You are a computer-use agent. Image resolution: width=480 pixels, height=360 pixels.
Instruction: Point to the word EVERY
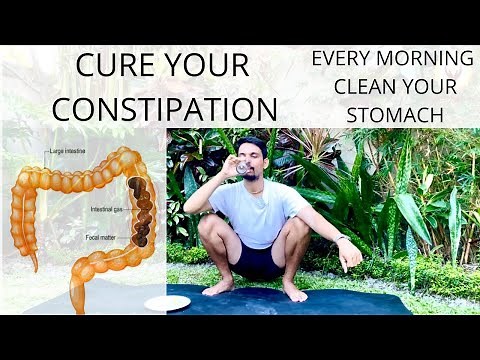(x=341, y=58)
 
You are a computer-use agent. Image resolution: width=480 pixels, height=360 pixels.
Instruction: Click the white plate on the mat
(x=167, y=303)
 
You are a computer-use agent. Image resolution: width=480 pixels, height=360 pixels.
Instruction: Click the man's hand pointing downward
(x=350, y=256)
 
